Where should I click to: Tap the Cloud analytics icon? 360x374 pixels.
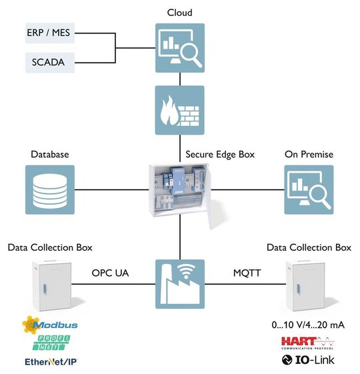tap(179, 48)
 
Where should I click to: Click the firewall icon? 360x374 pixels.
tap(179, 109)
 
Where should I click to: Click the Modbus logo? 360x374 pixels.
tap(49, 325)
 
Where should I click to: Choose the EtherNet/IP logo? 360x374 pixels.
tap(51, 362)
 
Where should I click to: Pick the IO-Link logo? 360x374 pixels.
tap(308, 361)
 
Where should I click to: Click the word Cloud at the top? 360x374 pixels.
tap(179, 13)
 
